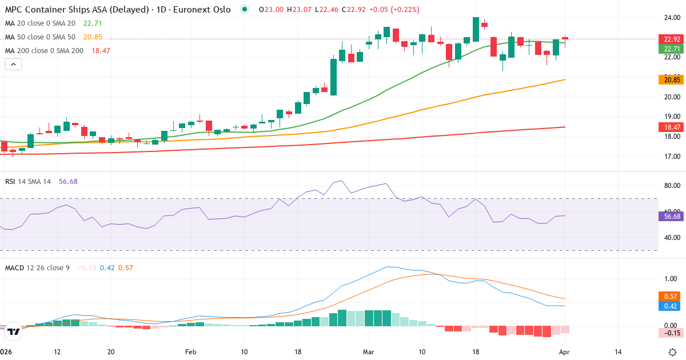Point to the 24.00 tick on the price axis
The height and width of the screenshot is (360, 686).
pos(671,18)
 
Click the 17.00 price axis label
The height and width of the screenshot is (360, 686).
pos(671,156)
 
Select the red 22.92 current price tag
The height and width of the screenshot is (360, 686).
pos(672,39)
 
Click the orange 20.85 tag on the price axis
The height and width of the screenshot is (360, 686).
pos(672,80)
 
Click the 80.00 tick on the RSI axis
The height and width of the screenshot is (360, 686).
pos(671,186)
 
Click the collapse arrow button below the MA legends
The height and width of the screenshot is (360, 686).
pos(13,65)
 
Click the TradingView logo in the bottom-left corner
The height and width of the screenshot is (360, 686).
pos(15,331)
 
